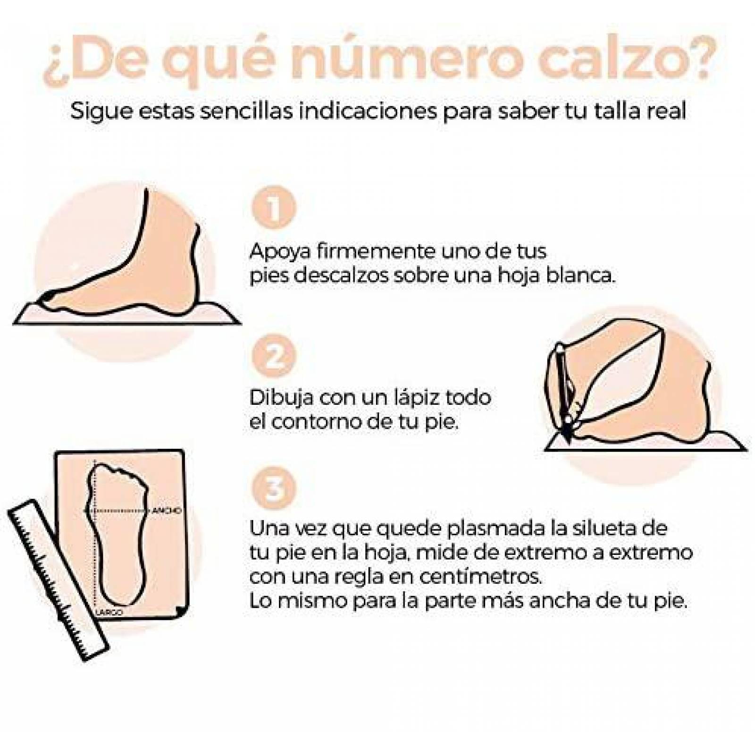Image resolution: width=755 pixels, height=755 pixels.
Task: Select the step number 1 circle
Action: pos(274,208)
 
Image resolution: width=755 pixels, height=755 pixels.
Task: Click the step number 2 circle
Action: pos(274,355)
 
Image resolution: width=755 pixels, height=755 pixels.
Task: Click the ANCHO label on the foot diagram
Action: pos(166,511)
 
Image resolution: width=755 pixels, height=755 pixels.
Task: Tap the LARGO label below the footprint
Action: pos(109,612)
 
